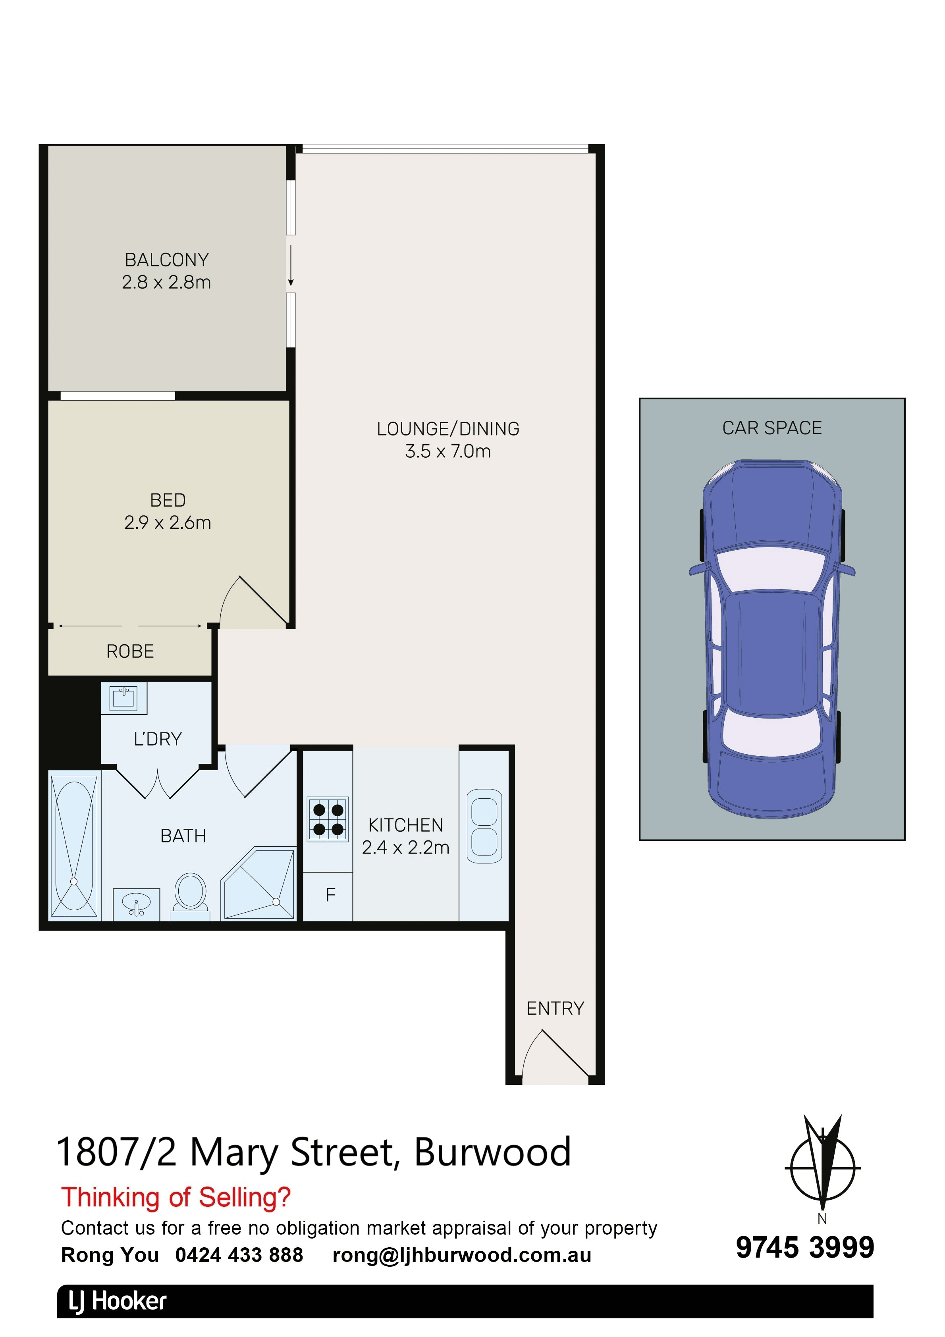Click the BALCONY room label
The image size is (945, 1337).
tap(167, 259)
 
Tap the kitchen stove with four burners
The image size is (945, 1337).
tap(328, 818)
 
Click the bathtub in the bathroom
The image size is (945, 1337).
tap(74, 846)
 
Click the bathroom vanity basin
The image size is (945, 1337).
tap(136, 904)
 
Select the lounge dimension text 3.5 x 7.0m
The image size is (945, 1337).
tap(448, 451)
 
